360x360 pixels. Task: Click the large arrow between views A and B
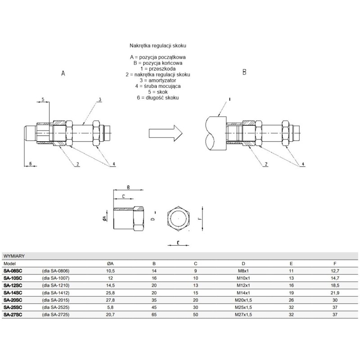pyautogui.click(x=166, y=133)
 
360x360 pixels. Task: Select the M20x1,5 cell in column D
pyautogui.click(x=243, y=300)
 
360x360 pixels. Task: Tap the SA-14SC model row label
pyautogui.click(x=13, y=293)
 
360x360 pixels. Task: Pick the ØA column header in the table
pyautogui.click(x=110, y=264)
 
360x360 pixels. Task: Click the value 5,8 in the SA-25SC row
pyautogui.click(x=110, y=307)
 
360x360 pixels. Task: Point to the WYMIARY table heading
pyautogui.click(x=14, y=256)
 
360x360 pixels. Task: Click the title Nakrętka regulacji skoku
pyautogui.click(x=158, y=45)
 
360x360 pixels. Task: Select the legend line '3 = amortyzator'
pyautogui.click(x=158, y=81)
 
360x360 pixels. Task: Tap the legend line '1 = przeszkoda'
pyautogui.click(x=158, y=69)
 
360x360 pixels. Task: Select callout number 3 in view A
pyautogui.click(x=100, y=99)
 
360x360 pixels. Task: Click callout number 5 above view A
pyautogui.click(x=43, y=99)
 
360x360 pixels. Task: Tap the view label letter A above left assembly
pyautogui.click(x=63, y=73)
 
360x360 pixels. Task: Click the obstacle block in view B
pyautogui.click(x=216, y=133)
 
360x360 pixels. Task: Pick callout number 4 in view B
pyautogui.click(x=303, y=164)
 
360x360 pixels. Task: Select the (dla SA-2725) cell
pyautogui.click(x=55, y=315)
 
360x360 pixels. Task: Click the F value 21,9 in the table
pyautogui.click(x=335, y=293)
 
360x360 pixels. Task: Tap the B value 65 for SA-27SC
pyautogui.click(x=154, y=315)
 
